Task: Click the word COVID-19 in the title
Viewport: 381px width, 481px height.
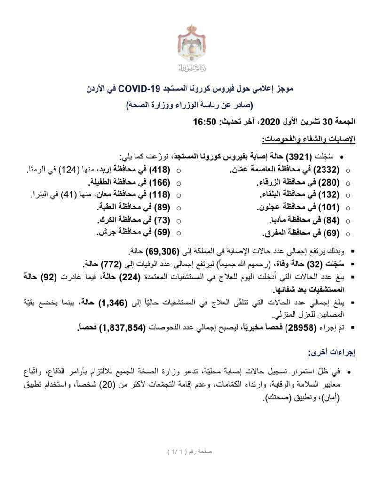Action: click(139, 88)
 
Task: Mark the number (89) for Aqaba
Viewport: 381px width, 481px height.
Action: click(161, 208)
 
